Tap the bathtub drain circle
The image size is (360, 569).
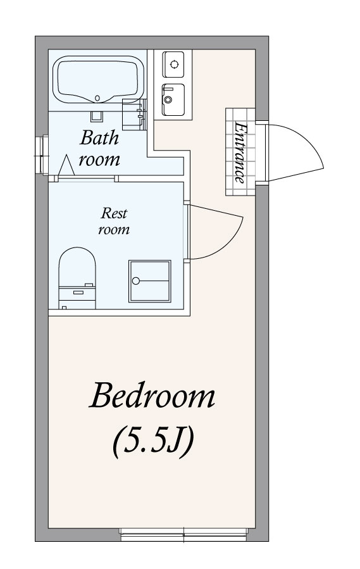[x=97, y=98]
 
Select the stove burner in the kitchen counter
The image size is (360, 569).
[x=173, y=65]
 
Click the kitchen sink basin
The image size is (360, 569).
[x=173, y=100]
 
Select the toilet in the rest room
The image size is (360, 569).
[x=77, y=278]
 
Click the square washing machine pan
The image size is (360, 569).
[x=149, y=281]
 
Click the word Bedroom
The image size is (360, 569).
[x=152, y=396]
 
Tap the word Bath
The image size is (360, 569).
[x=99, y=138]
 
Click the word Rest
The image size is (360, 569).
[x=114, y=213]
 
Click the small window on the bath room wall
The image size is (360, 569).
[x=44, y=155]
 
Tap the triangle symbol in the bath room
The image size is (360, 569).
[x=66, y=165]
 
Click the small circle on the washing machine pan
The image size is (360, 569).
[x=136, y=280]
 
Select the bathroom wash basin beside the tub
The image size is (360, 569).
[x=133, y=114]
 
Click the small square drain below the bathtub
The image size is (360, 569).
[x=97, y=116]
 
